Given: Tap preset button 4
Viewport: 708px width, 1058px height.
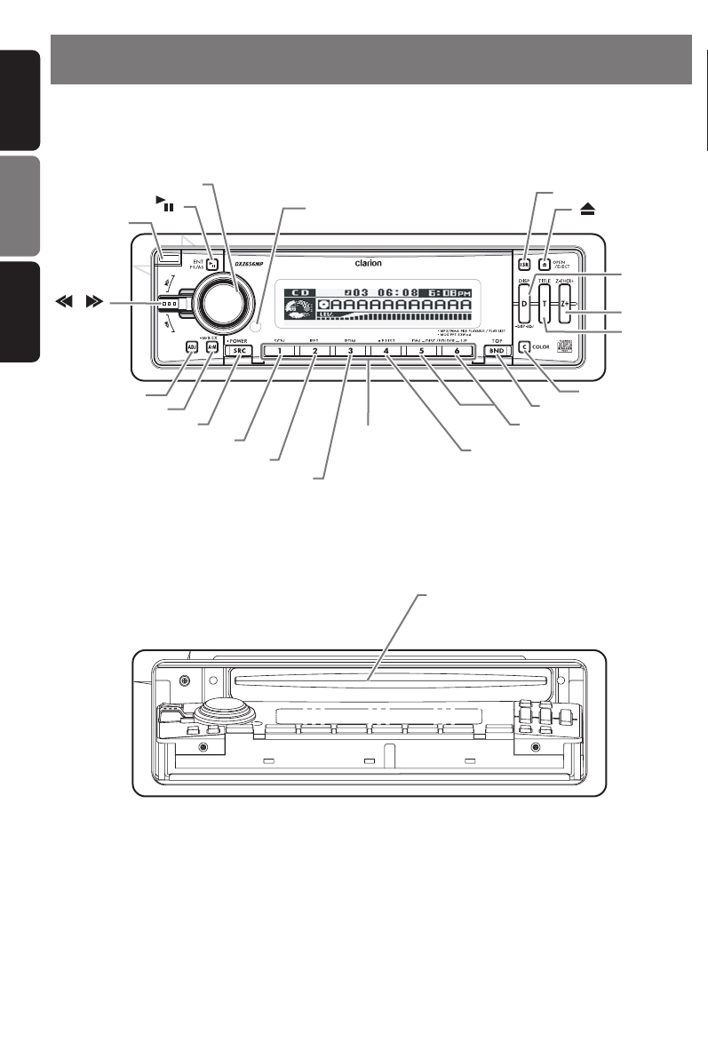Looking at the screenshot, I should click(386, 351).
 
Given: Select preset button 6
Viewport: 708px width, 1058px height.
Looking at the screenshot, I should click(457, 351).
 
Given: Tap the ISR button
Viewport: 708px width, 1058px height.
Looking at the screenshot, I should click(524, 264).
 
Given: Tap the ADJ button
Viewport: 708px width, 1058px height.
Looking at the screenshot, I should click(192, 347).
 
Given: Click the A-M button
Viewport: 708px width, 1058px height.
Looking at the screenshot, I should click(211, 347).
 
